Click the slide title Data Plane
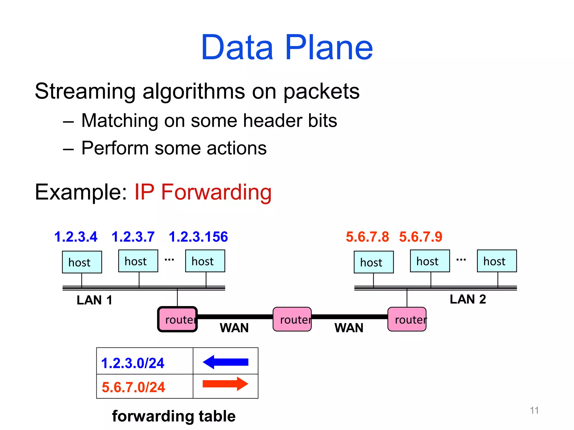[x=287, y=48]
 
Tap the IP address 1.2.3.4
[x=76, y=237]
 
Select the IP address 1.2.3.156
[x=198, y=237]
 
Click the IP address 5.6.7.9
[x=420, y=237]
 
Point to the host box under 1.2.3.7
[x=138, y=261]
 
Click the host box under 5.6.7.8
[x=373, y=262]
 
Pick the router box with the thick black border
[x=177, y=319]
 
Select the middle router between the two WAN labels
[x=292, y=319]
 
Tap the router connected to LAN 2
[x=407, y=319]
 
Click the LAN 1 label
[x=94, y=300]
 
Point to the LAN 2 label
[x=467, y=299]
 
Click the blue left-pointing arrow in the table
[x=225, y=362]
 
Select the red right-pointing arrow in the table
[x=225, y=384]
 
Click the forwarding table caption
[x=174, y=416]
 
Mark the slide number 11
[x=534, y=410]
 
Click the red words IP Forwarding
[x=203, y=192]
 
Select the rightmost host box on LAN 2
[x=497, y=261]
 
